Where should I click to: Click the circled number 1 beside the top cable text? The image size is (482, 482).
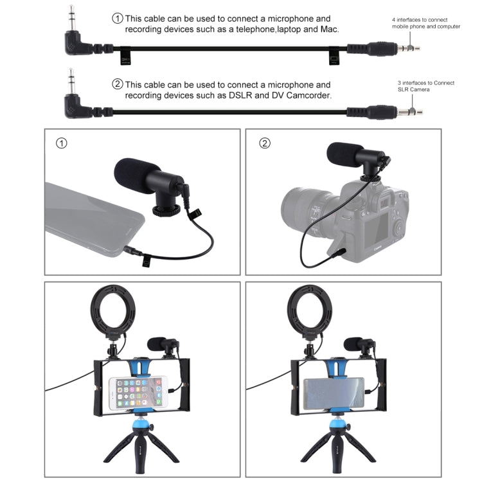pos(118,18)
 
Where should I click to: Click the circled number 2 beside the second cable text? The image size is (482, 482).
pos(118,84)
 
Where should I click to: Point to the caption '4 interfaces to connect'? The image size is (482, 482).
pos(420,20)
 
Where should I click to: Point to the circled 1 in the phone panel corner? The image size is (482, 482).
pos(62,143)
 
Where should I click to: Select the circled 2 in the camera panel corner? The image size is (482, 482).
pos(264,143)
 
